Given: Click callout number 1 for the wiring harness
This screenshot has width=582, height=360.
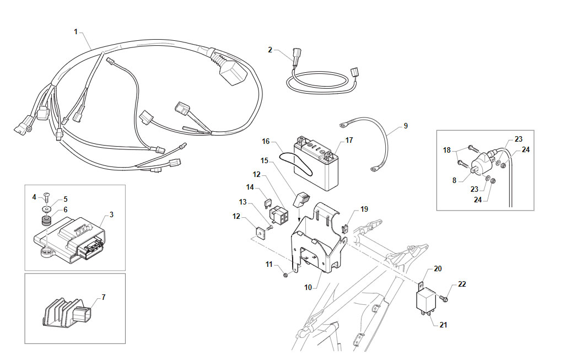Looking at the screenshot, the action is pyautogui.click(x=76, y=32).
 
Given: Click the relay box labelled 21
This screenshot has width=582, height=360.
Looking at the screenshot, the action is pyautogui.click(x=425, y=299).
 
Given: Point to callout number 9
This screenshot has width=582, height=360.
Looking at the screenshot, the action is pyautogui.click(x=405, y=126).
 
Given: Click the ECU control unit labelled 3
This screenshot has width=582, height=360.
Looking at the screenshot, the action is pyautogui.click(x=71, y=240).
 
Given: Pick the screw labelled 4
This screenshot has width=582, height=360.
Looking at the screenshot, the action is pyautogui.click(x=47, y=197).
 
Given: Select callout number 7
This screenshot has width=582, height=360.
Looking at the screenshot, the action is pyautogui.click(x=104, y=297).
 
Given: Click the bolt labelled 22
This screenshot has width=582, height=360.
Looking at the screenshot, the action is pyautogui.click(x=443, y=298).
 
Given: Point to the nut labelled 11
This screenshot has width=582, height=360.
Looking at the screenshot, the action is pyautogui.click(x=285, y=275).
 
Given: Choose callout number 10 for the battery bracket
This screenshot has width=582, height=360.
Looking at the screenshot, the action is pyautogui.click(x=308, y=287).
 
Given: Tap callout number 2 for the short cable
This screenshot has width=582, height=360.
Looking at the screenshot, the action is pyautogui.click(x=270, y=50).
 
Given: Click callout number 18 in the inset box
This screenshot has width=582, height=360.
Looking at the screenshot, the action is pyautogui.click(x=446, y=151).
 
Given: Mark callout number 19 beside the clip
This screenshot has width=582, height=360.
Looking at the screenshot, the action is pyautogui.click(x=364, y=209).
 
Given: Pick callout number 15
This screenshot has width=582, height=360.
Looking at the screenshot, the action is pyautogui.click(x=265, y=160).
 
